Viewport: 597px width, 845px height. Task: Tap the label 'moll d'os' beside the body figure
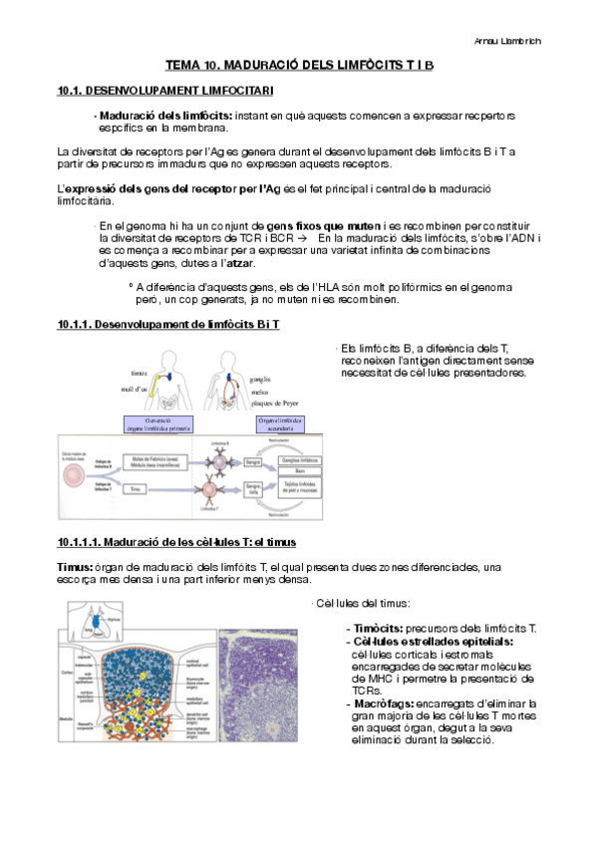[135, 389]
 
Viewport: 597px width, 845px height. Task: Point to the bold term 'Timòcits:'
[375, 628]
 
